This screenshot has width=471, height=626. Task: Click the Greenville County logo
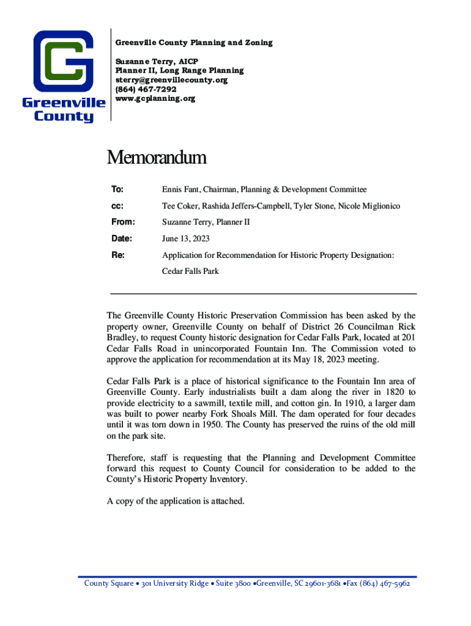point(63,76)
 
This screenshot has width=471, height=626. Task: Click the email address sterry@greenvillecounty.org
point(171,80)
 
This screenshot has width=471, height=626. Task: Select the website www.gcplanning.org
point(155,98)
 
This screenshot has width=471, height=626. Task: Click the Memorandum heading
point(157,158)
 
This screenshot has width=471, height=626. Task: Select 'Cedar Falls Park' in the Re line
point(190,271)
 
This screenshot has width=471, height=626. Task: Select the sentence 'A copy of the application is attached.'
point(176,501)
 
